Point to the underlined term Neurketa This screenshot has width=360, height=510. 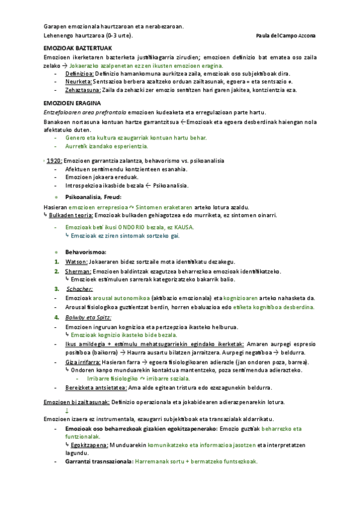tap(78, 81)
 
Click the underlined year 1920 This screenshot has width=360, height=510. tap(55, 161)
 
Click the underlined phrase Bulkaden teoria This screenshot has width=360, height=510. tap(71, 215)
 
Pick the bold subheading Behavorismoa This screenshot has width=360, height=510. tap(85, 252)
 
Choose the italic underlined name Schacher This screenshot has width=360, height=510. tap(79, 289)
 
